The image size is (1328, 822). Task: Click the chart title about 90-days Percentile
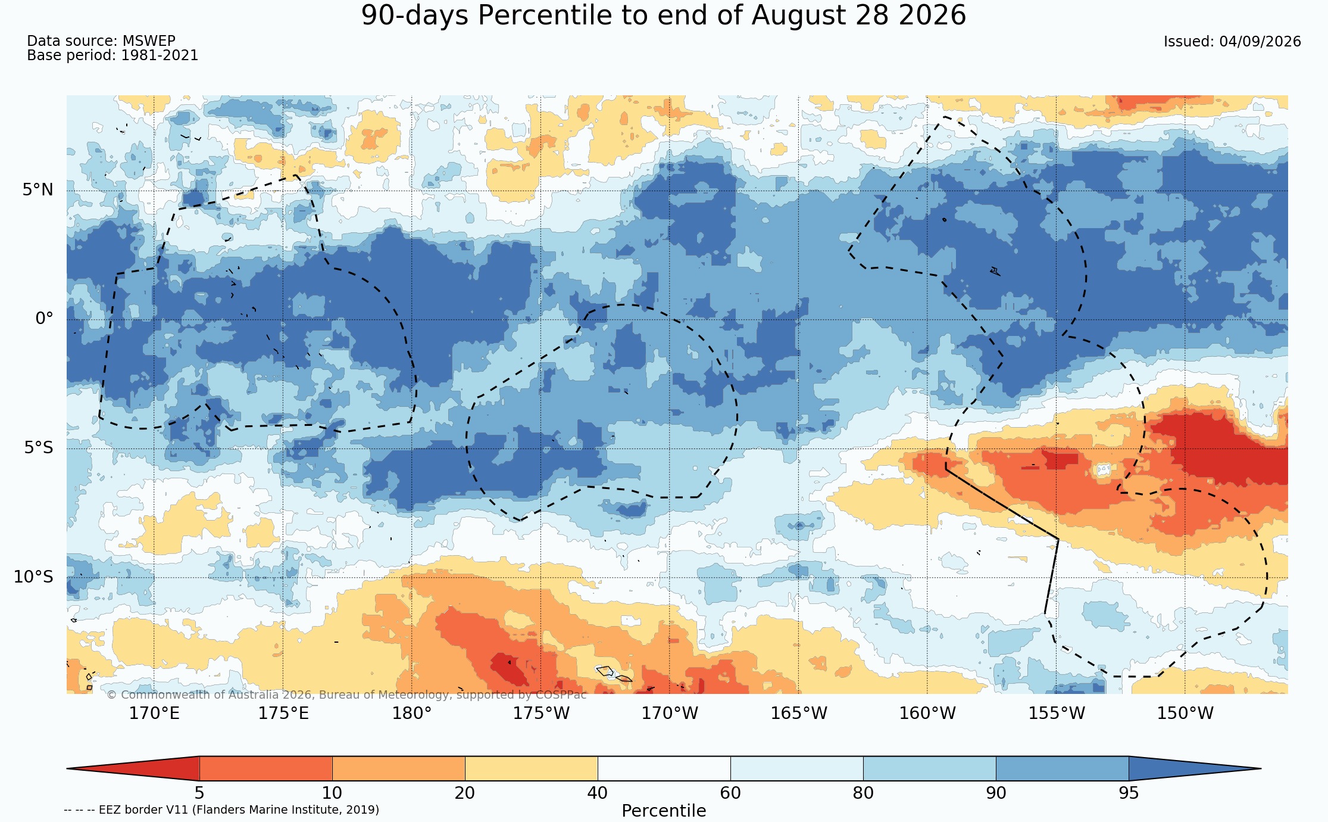pos(663,15)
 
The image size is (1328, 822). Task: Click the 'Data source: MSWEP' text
pos(101,41)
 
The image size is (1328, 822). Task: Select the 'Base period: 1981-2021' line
pos(113,55)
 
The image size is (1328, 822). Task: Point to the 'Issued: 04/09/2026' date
pos(1232,42)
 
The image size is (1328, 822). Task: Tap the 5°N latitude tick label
pos(38,190)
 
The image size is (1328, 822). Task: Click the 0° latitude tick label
pos(45,319)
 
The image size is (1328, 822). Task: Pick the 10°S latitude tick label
pos(33,577)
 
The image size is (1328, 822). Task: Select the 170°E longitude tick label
pos(154,713)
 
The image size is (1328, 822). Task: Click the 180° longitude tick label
pos(411,713)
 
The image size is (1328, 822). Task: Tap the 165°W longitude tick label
pos(799,713)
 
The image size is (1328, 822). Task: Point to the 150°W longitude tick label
pos(1185,713)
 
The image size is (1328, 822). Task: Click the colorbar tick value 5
pos(199,793)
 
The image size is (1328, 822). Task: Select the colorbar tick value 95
pos(1129,793)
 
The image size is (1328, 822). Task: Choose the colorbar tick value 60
pos(730,793)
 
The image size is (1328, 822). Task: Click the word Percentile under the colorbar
pos(664,811)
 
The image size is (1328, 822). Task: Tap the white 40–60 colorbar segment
pos(664,768)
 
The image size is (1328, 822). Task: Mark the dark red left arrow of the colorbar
pos(133,768)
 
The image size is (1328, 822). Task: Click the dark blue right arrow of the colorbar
pos(1195,768)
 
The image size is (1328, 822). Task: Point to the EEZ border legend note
pos(221,810)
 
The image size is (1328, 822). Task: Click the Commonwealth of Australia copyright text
pos(346,695)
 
